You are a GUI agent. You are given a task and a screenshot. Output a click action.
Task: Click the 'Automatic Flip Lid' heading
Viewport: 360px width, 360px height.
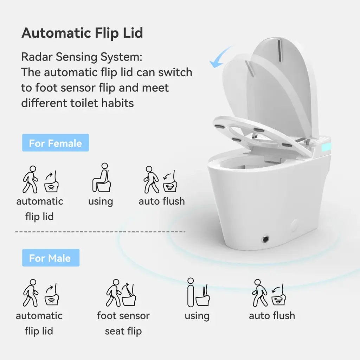pos(82,33)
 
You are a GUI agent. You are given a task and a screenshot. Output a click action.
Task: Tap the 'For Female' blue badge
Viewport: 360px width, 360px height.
pos(56,143)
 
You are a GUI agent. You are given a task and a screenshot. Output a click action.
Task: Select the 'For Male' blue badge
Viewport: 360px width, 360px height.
pos(51,258)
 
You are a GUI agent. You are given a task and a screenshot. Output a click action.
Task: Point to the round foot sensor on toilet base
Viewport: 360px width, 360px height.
pos(265,239)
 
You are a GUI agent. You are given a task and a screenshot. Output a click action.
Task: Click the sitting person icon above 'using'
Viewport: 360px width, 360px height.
pos(102,178)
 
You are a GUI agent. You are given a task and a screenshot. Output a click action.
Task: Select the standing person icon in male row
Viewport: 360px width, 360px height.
pos(191,292)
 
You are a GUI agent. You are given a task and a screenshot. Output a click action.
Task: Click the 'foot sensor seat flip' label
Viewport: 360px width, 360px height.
pos(123,323)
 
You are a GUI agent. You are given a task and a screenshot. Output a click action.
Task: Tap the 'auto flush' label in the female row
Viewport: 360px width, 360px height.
pos(162,201)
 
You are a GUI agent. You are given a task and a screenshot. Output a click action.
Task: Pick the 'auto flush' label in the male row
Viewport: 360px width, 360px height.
pos(272,316)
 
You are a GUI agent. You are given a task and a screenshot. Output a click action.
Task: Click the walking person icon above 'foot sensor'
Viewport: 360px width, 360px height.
pos(114,293)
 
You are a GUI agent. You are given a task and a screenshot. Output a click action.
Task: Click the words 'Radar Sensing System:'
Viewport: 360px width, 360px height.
pos(82,57)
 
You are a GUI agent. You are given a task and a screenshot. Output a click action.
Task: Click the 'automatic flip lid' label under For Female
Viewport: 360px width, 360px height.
pos(39,209)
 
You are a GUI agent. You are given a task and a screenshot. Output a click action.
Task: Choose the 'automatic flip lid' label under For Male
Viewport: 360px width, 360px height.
pos(39,323)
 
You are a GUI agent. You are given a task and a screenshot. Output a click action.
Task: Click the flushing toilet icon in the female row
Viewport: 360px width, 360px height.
pos(170,181)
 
